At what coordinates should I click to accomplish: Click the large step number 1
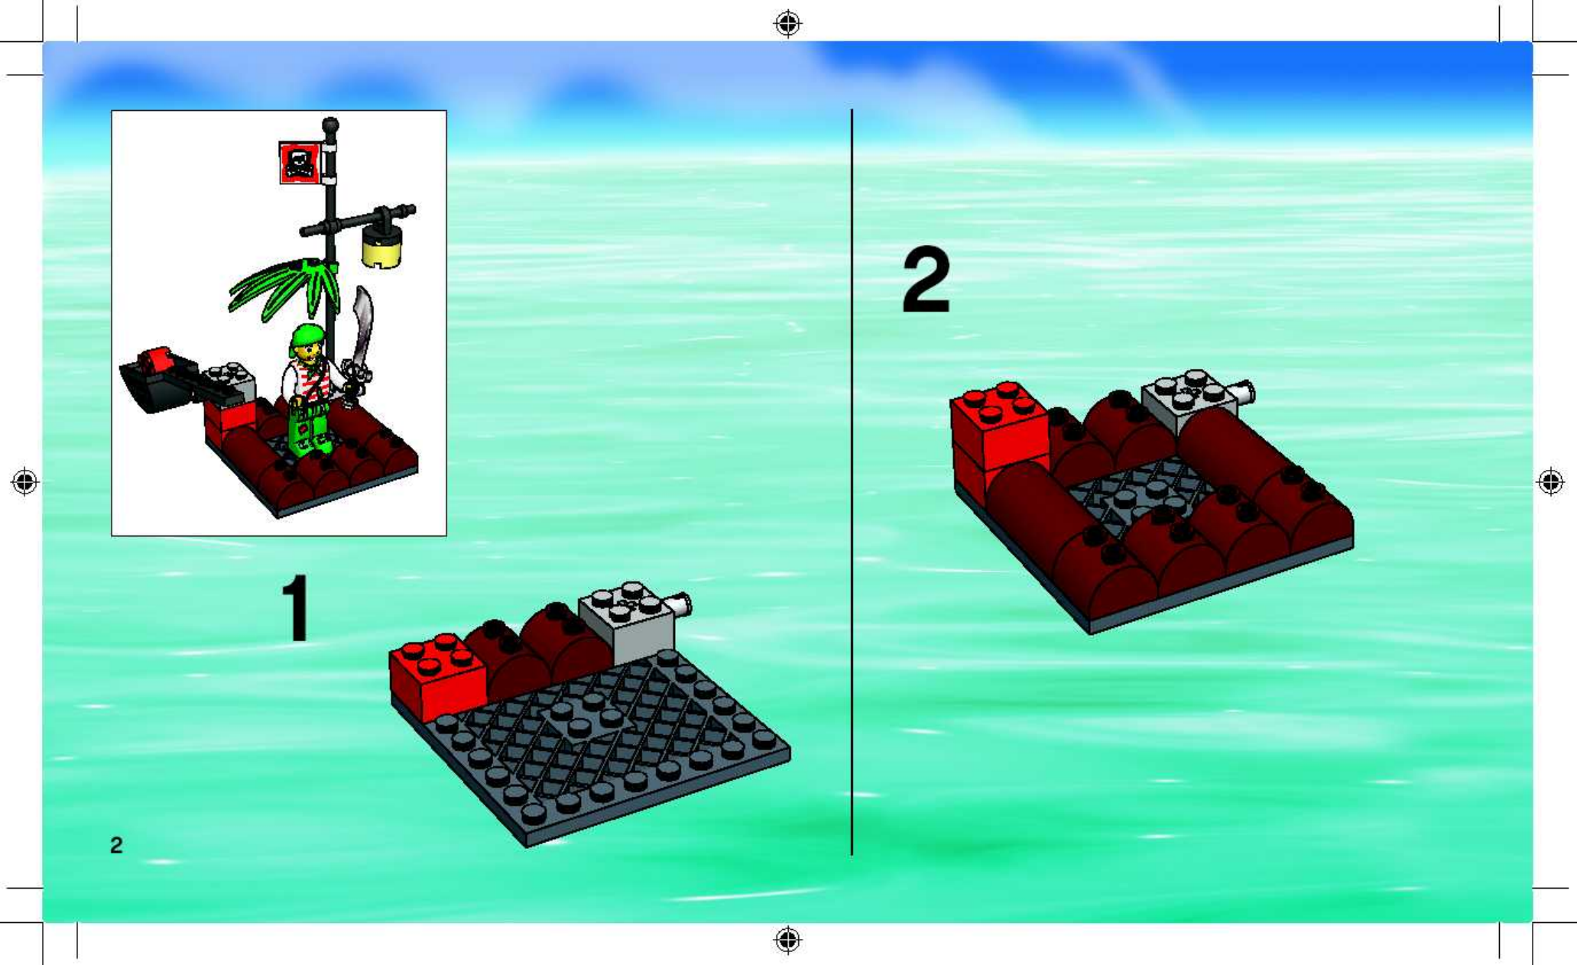(x=297, y=608)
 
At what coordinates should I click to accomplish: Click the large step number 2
(x=926, y=280)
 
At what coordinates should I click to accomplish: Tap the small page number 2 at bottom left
(x=116, y=845)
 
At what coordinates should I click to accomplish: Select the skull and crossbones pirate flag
(x=300, y=162)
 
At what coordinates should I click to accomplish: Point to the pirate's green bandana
(x=307, y=337)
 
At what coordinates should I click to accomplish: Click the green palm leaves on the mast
(x=284, y=287)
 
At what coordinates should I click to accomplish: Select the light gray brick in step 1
(x=627, y=621)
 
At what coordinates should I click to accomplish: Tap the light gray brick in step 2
(x=1189, y=402)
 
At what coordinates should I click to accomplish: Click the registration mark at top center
(x=788, y=24)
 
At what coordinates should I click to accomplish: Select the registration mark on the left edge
(x=24, y=482)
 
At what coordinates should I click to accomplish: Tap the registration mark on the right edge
(x=1551, y=482)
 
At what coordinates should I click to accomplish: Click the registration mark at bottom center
(x=788, y=939)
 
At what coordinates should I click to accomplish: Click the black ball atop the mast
(x=330, y=125)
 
